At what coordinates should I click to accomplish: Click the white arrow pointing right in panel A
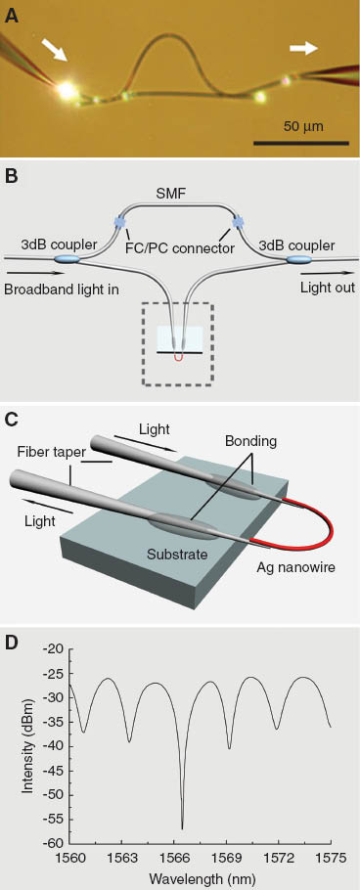[303, 48]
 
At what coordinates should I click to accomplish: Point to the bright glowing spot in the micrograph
[67, 91]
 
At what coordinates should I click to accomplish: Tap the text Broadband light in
[60, 290]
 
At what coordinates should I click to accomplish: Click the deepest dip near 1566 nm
[182, 826]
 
